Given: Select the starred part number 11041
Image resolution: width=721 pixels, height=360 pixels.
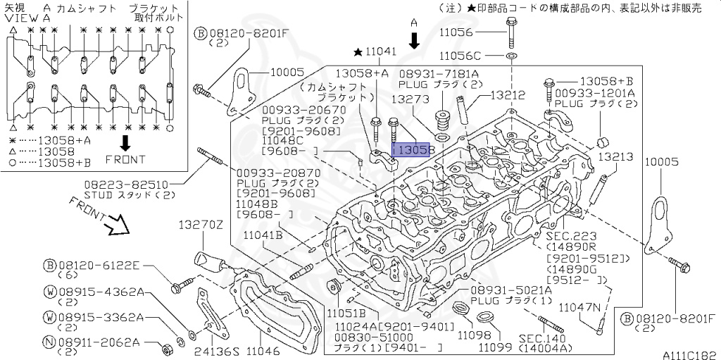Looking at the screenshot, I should (x=381, y=51).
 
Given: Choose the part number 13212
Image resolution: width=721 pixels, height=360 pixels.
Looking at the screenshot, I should (x=508, y=94).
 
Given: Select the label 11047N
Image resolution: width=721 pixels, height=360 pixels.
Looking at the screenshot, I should (x=581, y=307).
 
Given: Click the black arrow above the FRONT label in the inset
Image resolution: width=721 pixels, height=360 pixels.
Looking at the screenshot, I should (x=125, y=143).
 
